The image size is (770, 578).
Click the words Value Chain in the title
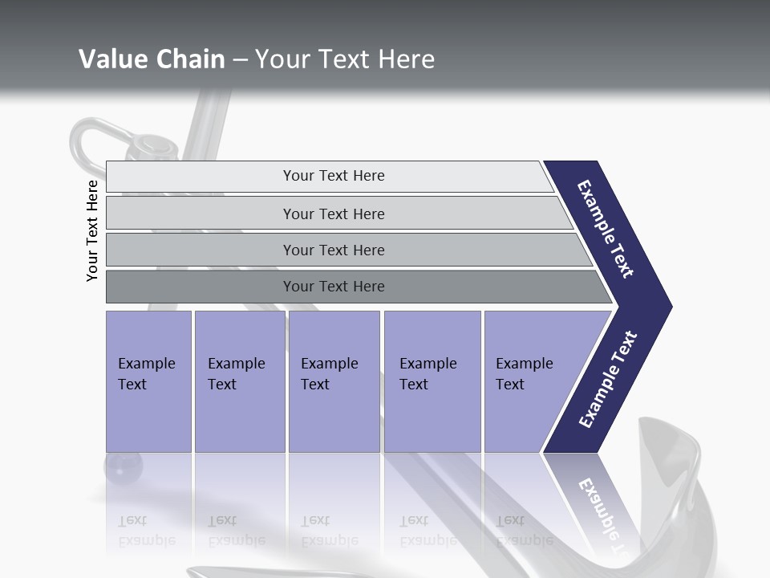coord(152,59)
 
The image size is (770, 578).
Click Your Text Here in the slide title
coord(345,59)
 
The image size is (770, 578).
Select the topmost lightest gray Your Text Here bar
coord(333,176)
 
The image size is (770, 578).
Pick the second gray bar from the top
coord(333,214)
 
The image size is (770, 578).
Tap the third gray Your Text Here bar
coord(333,250)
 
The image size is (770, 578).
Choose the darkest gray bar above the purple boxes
coord(333,287)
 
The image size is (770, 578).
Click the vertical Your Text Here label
coord(92,230)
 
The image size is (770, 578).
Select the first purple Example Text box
coord(148,381)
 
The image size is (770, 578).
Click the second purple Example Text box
coord(239,381)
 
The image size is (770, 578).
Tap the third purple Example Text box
coord(333,381)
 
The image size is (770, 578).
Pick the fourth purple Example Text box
coord(432,381)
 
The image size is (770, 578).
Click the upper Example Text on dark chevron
coord(606,229)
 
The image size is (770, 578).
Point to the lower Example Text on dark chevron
coord(607,380)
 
